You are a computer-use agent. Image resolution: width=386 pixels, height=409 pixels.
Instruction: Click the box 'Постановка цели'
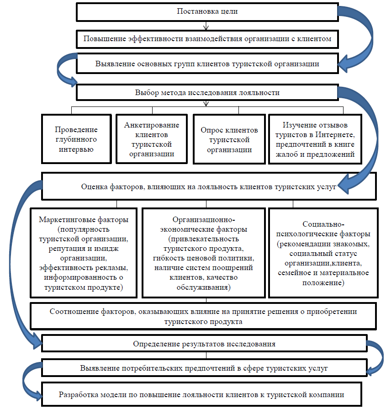point(207,12)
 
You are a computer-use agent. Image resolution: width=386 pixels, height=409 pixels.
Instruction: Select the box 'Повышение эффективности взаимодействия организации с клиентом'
point(207,39)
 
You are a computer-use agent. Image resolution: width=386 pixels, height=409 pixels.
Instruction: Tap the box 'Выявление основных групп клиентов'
point(207,64)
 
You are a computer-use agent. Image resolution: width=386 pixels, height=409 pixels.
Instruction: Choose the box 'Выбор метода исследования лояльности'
point(207,92)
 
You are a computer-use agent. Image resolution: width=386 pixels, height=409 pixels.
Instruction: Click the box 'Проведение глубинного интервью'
point(76,139)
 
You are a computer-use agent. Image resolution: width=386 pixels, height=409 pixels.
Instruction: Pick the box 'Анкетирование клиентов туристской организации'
point(152,139)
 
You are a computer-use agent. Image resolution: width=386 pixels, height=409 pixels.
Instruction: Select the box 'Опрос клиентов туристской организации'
point(229,139)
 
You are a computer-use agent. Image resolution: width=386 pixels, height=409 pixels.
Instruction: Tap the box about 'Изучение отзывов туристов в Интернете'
point(315,139)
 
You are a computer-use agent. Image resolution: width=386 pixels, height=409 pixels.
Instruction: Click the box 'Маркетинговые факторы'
point(84,253)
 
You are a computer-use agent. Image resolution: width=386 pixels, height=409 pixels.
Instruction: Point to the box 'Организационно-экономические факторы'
point(204,253)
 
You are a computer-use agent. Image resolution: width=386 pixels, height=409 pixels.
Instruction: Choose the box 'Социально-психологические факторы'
point(323,253)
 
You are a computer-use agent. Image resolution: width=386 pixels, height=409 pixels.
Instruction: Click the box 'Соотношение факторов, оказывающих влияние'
point(203,316)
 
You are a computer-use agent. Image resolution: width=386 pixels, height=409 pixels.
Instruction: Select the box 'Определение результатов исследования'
point(204,344)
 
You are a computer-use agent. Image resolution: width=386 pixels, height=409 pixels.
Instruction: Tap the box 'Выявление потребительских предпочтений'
point(204,368)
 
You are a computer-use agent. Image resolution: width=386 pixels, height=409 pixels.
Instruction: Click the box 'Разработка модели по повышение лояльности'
point(201,394)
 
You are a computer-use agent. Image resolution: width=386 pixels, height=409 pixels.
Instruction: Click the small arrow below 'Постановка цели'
point(206,26)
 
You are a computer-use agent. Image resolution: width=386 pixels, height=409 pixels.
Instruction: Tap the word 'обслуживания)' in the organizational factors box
point(204,287)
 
